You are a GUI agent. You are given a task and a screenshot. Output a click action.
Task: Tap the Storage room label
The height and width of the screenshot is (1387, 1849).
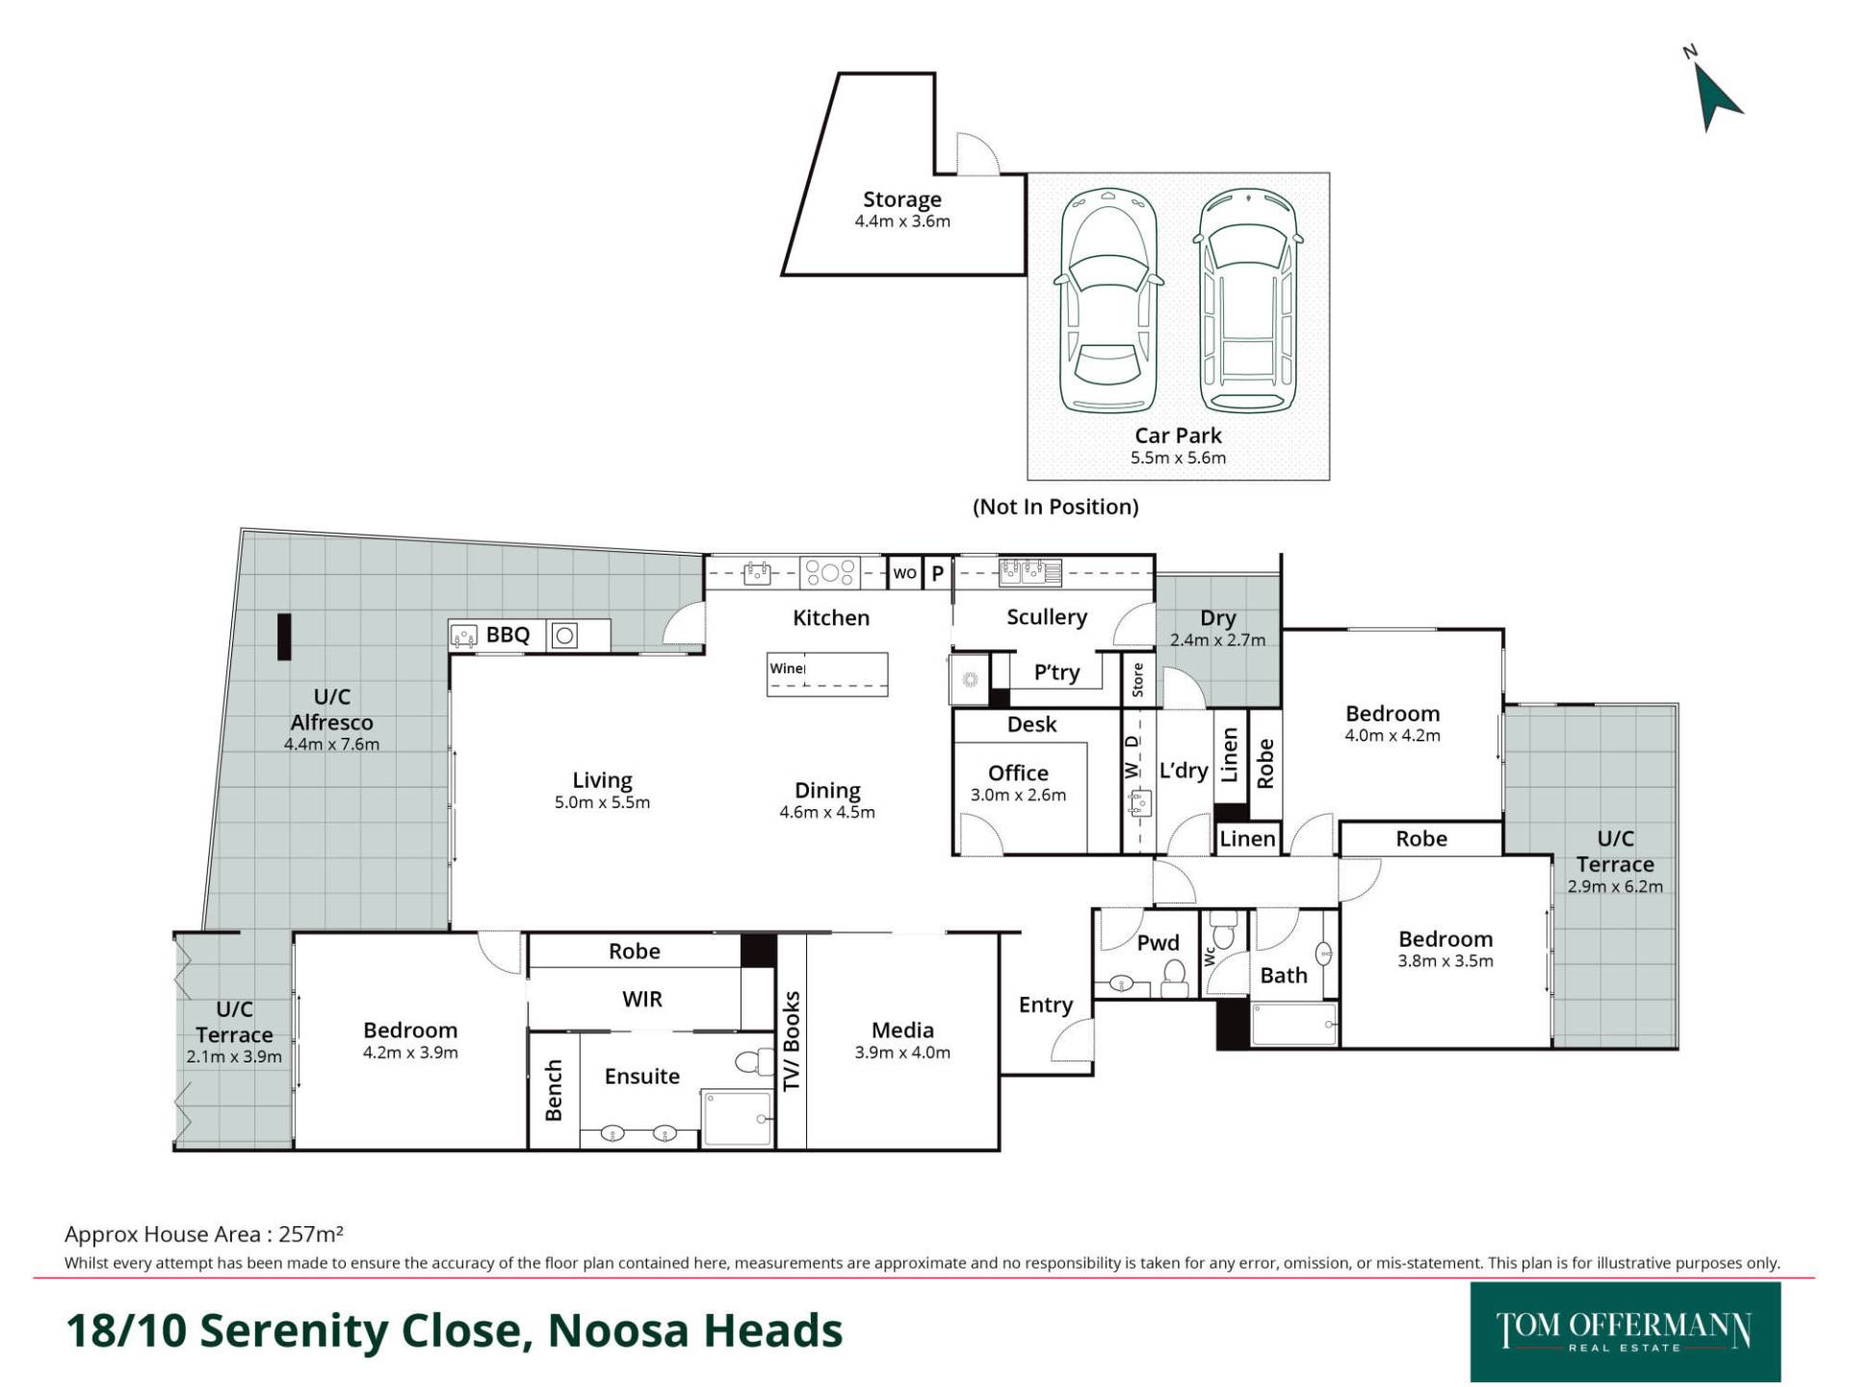tap(902, 199)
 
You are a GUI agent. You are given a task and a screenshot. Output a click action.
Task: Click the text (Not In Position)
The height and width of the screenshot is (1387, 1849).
tap(1055, 507)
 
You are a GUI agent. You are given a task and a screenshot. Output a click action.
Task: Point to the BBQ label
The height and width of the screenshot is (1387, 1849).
tap(508, 635)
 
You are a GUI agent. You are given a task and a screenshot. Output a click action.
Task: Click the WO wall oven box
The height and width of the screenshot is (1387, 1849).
tap(904, 573)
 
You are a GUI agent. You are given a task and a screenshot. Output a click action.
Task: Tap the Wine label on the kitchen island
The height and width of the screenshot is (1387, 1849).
tap(787, 667)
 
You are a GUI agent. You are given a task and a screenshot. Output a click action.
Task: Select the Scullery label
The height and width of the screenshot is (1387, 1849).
tap(1047, 616)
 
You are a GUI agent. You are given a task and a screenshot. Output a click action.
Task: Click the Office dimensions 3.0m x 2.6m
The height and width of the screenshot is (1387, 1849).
tap(1018, 795)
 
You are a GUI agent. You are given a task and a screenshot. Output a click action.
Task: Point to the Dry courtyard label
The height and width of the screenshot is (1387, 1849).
tap(1218, 618)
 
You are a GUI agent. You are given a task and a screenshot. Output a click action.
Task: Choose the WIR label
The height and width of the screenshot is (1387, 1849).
tap(642, 999)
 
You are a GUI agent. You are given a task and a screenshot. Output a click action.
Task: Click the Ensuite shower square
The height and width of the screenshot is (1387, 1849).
tap(737, 1117)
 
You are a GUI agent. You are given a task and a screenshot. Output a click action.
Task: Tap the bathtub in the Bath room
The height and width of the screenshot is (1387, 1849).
tap(1293, 1024)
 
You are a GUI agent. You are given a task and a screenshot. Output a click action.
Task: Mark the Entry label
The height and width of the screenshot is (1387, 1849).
tap(1046, 1006)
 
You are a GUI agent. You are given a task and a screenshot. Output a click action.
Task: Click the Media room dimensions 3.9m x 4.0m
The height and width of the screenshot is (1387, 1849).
tap(902, 1053)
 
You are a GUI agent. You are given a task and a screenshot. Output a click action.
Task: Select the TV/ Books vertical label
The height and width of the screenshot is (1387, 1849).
tap(792, 1041)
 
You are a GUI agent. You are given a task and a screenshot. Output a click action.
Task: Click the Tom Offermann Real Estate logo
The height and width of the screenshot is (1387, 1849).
tap(1626, 1332)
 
